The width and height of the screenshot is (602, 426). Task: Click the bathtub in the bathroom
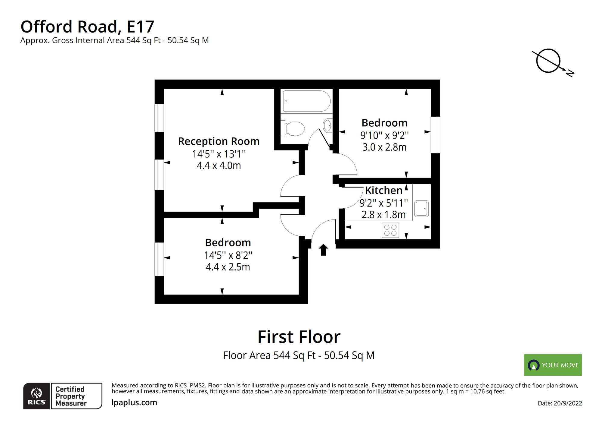click(306, 101)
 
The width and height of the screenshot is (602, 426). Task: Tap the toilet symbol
click(293, 129)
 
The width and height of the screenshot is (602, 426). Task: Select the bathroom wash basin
click(327, 125)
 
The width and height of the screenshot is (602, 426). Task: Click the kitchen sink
click(421, 208)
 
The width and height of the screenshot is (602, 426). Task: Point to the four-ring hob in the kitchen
click(390, 230)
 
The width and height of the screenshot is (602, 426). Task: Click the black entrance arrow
click(323, 250)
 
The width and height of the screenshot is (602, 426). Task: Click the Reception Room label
click(219, 141)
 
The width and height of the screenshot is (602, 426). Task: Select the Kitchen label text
click(383, 190)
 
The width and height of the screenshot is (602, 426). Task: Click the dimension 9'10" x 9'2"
click(384, 135)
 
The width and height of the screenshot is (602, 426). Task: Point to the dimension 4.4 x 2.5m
click(228, 267)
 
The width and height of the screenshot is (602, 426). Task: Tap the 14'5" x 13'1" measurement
click(219, 154)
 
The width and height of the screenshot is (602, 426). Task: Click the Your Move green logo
click(553, 365)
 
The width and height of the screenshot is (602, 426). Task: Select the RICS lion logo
click(36, 396)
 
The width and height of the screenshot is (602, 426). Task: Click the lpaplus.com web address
click(134, 402)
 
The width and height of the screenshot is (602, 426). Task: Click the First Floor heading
click(299, 337)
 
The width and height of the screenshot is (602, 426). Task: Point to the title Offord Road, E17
click(87, 27)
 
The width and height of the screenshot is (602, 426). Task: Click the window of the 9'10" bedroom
click(435, 135)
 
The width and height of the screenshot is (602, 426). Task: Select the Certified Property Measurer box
click(76, 396)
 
